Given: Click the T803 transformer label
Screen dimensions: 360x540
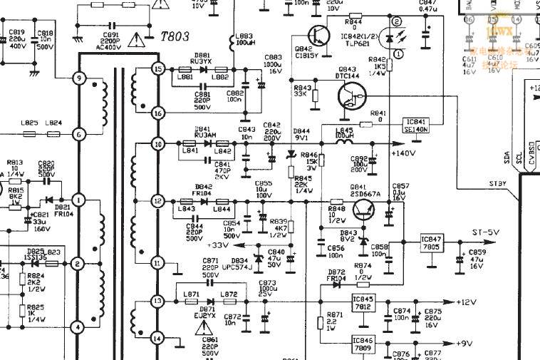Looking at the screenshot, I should pos(175,36).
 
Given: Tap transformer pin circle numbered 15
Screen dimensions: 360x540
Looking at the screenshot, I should pos(158,69).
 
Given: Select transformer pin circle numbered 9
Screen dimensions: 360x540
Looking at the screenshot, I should pos(78,78).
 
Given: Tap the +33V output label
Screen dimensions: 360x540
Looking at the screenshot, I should pos(218,245).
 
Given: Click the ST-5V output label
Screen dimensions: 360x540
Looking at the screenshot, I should pos(486,232).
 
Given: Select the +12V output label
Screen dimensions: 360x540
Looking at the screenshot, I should pos(466,302).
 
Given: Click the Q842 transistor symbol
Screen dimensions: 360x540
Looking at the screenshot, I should pos(318,35).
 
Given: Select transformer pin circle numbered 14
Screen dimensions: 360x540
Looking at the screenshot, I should pos(158,337).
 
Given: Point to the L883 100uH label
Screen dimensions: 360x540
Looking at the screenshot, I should pos(244,39).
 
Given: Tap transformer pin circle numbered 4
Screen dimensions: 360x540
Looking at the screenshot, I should pos(78,327).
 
